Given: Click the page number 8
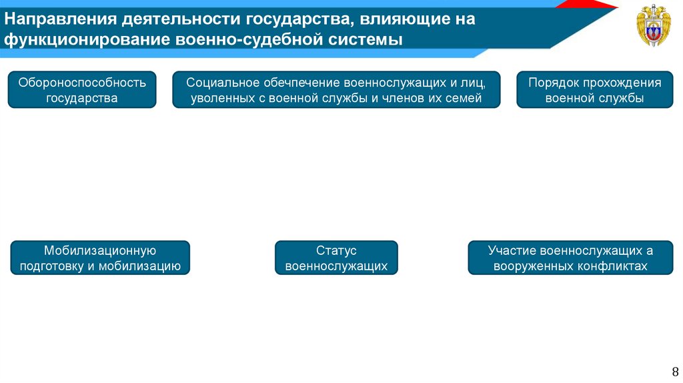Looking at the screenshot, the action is tap(674, 371).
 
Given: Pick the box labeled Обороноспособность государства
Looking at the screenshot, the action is tap(82, 90).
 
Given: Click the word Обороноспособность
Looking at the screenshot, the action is tap(82, 83).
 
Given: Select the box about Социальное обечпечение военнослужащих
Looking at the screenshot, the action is tap(335, 90).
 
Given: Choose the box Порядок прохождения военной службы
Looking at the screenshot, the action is tap(594, 90).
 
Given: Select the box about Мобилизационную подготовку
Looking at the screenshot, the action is tap(100, 258).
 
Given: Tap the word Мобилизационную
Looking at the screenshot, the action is tap(100, 251).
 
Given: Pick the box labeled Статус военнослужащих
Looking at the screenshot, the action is tap(336, 258).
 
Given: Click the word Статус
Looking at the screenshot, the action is tap(336, 251).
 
